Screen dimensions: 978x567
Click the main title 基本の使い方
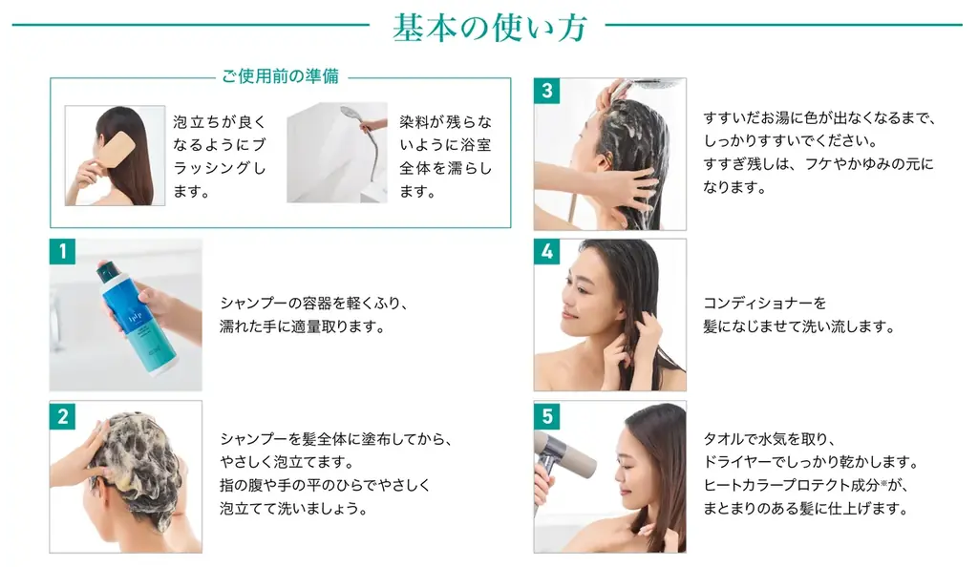(490, 28)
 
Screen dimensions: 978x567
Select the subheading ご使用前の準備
(281, 76)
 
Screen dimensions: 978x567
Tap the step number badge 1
(62, 251)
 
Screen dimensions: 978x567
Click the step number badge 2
(62, 415)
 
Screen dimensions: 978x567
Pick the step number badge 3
(547, 91)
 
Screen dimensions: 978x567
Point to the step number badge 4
(547, 251)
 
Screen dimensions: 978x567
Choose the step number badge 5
(547, 415)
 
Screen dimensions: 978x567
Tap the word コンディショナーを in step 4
(765, 304)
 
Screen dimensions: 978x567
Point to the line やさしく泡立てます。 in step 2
(287, 462)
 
